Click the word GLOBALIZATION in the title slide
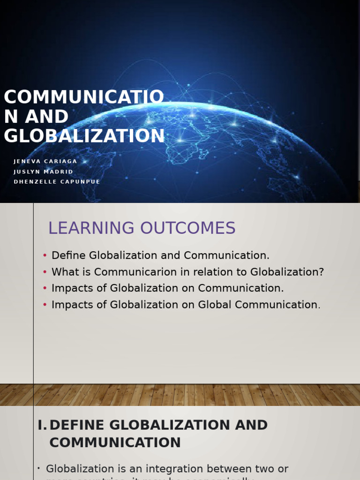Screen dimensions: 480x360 click(x=84, y=136)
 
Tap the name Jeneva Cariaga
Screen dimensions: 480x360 click(x=45, y=161)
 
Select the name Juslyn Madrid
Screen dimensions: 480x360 click(x=44, y=172)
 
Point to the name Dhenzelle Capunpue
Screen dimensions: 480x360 click(x=57, y=182)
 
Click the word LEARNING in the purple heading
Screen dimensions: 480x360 click(x=89, y=228)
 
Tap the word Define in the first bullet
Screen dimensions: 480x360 click(x=69, y=255)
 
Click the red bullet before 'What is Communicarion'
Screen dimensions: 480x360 click(x=45, y=272)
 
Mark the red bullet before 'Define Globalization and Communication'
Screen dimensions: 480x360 click(x=45, y=255)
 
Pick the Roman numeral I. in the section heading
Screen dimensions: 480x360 click(x=42, y=425)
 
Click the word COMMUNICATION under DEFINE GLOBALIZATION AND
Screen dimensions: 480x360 click(x=115, y=442)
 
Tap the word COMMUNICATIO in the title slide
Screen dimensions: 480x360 click(x=84, y=97)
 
